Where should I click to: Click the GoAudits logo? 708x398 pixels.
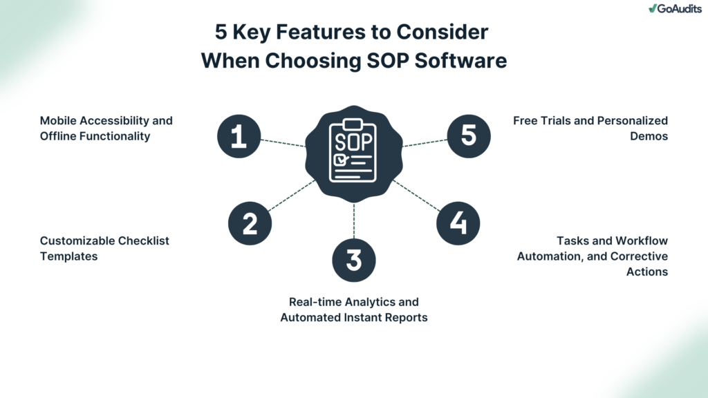673,8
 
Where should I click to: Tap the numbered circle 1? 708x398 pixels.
239,135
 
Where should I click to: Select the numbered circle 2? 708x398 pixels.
250,222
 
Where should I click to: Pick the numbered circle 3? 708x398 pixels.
353,260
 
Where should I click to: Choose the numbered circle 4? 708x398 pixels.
458,222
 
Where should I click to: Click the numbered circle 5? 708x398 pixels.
468,135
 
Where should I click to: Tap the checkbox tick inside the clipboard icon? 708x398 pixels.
340,160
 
